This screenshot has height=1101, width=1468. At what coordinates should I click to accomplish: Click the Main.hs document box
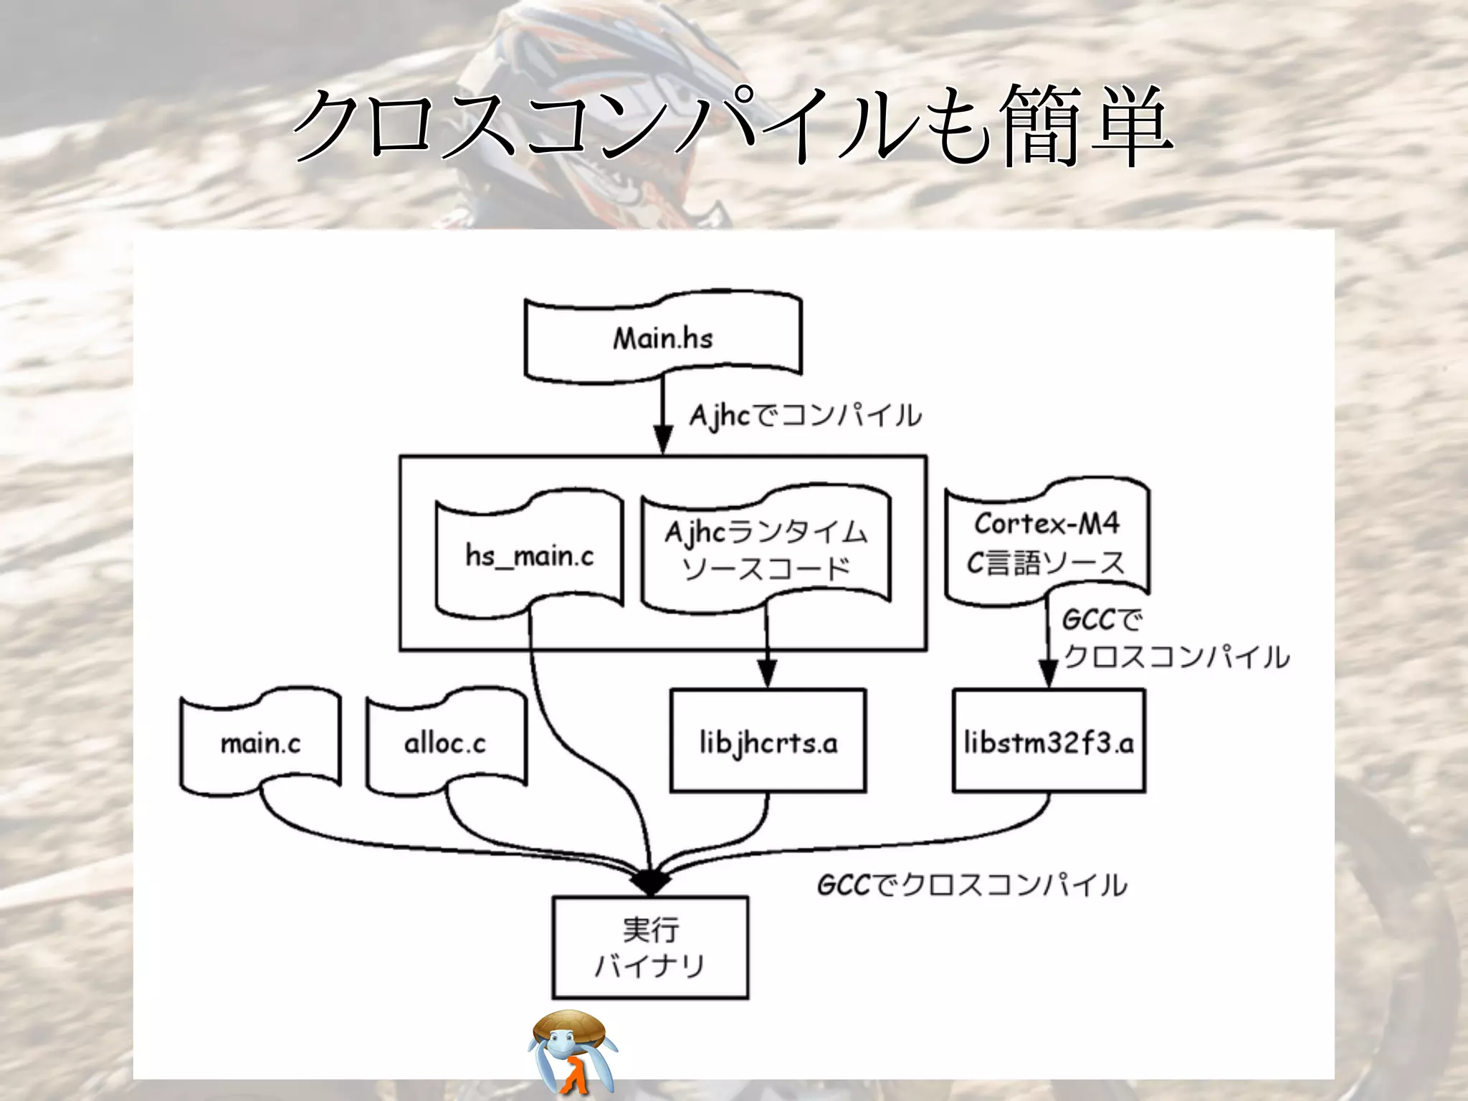[663, 338]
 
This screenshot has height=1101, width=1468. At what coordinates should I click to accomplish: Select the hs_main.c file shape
[529, 555]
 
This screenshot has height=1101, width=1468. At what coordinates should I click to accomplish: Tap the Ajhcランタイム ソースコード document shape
[766, 550]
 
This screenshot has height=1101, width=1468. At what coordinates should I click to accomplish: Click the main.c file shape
[260, 743]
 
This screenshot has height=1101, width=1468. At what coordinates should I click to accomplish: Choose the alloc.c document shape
[445, 743]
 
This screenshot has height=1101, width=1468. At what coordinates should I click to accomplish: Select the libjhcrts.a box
[768, 741]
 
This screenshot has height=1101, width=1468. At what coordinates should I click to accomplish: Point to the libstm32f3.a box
[1049, 741]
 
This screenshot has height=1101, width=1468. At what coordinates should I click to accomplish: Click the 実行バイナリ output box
[650, 947]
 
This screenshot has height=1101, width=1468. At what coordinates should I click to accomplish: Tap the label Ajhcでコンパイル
[805, 416]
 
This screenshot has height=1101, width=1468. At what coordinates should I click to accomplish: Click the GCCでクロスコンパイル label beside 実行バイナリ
[971, 885]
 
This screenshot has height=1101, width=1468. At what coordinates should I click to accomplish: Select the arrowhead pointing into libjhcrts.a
[767, 674]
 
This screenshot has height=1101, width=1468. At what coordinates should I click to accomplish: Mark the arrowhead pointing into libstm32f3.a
[1048, 674]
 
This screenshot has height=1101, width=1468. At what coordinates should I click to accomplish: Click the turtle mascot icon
[572, 1050]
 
